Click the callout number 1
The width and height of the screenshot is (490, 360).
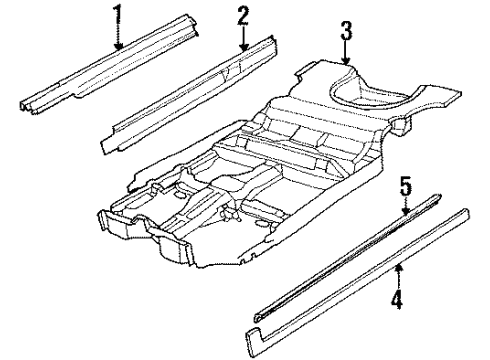click(120, 15)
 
